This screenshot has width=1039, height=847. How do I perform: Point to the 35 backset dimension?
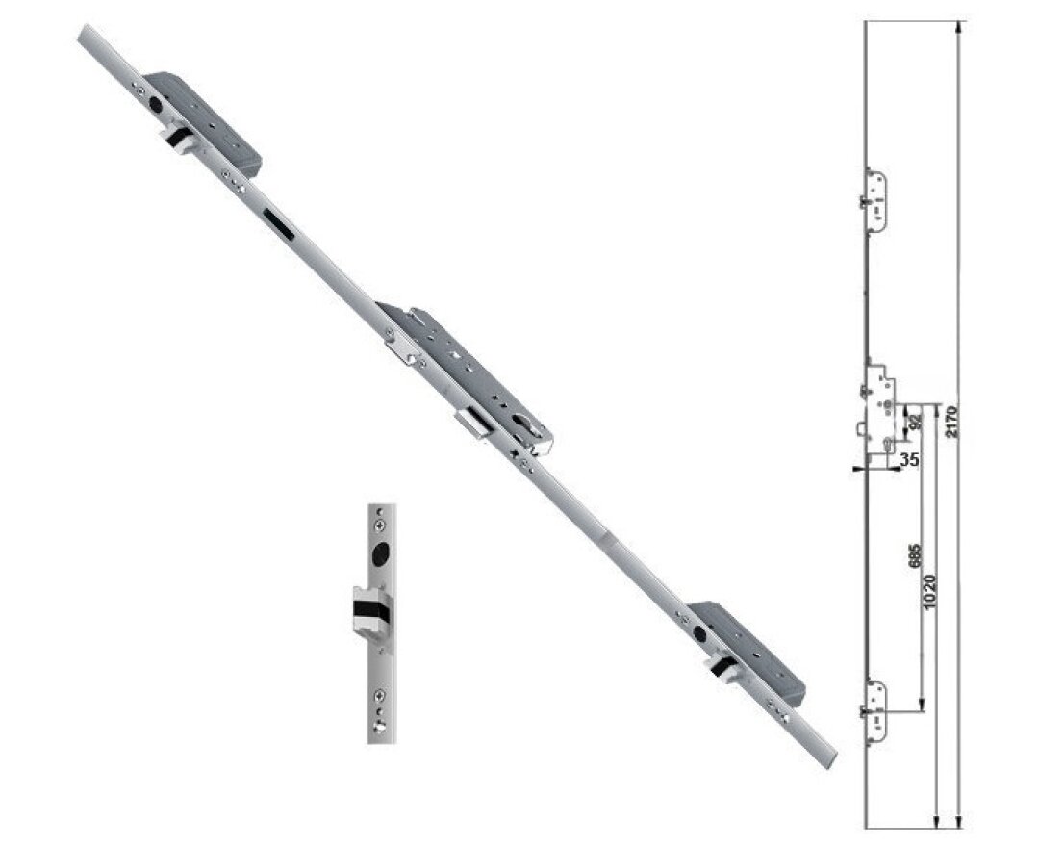[x=909, y=460]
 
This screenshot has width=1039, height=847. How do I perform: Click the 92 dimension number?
[x=914, y=420]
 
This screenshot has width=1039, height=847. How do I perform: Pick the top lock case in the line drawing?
[x=876, y=198]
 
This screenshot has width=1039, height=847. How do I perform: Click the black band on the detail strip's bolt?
[x=369, y=608]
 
